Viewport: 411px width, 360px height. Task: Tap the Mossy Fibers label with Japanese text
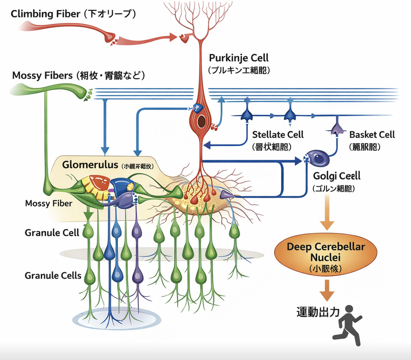[78, 76]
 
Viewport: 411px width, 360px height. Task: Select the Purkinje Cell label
[239, 58]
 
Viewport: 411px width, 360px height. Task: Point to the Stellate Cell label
[278, 134]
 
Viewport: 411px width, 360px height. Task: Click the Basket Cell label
[372, 134]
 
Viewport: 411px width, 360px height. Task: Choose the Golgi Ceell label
[337, 176]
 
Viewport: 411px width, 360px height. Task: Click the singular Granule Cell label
[52, 233]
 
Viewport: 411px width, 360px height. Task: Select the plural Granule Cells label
[53, 275]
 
